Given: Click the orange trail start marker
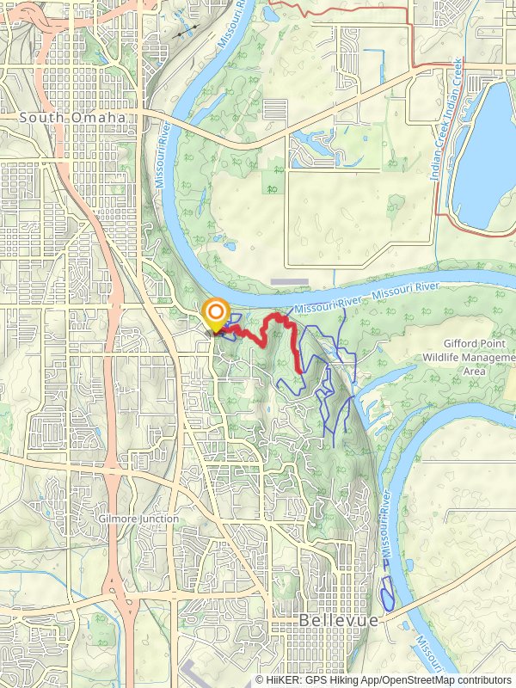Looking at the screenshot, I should pyautogui.click(x=214, y=311).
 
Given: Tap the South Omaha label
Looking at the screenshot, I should pyautogui.click(x=72, y=117).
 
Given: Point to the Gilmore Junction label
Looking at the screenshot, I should pyautogui.click(x=138, y=519).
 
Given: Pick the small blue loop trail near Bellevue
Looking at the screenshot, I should pyautogui.click(x=386, y=593).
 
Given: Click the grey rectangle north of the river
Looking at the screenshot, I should pyautogui.click(x=288, y=281).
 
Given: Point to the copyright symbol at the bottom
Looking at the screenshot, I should pyautogui.click(x=259, y=679).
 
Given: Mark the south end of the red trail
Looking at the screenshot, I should pyautogui.click(x=300, y=370).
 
